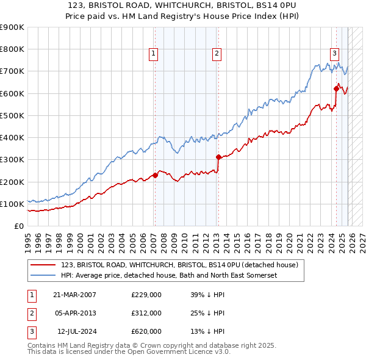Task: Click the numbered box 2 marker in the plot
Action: [217, 54]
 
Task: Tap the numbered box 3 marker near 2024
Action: [335, 54]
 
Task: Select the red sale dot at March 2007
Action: [155, 175]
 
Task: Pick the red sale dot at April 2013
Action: [218, 157]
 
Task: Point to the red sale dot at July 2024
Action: [336, 88]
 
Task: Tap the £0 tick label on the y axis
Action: [18, 226]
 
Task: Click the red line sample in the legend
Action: [43, 265]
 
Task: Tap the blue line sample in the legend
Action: [43, 276]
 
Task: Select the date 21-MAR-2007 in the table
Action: [74, 295]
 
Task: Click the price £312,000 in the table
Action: [146, 313]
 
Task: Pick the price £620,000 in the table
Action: [146, 331]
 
